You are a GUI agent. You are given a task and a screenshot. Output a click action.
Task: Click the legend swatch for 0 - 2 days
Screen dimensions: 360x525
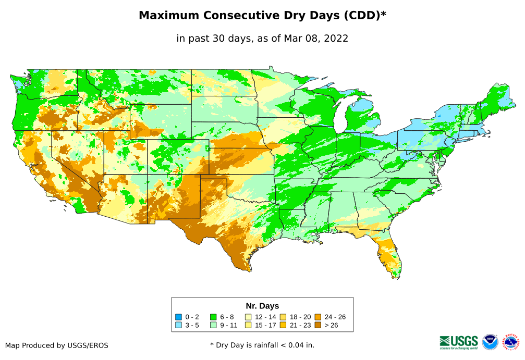pos(178,317)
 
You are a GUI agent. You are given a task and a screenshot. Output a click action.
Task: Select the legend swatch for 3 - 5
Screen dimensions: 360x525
pos(178,325)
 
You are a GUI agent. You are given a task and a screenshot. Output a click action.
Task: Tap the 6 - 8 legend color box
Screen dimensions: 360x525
pos(213,317)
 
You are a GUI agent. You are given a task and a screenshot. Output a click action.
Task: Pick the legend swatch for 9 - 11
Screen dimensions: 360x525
pos(213,325)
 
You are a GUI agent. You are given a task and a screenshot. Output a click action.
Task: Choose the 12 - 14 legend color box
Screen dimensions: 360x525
pos(248,317)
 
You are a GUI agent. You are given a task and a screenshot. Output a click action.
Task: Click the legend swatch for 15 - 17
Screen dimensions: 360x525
pos(248,325)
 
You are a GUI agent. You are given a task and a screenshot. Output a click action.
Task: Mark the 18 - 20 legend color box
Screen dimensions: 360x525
pos(283,317)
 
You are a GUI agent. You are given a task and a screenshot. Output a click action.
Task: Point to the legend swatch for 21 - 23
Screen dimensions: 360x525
pos(283,325)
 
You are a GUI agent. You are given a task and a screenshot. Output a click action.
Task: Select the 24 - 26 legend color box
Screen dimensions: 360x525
pos(318,317)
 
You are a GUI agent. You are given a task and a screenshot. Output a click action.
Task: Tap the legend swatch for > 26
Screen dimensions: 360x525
pos(318,325)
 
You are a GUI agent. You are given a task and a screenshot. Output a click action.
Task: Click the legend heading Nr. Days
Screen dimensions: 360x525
pos(262,306)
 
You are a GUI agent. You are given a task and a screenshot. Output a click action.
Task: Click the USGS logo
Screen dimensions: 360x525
pos(459,341)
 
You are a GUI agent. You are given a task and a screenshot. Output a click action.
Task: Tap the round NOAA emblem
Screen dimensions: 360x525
pos(490,342)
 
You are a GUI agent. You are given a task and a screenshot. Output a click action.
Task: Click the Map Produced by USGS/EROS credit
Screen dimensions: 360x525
pos(57,345)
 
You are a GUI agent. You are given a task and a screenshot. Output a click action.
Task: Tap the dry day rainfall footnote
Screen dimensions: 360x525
pos(262,345)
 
